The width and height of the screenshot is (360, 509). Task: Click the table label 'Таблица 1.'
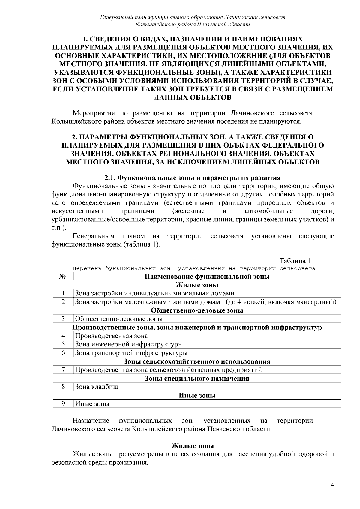[296, 260]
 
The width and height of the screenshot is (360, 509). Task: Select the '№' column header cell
[63, 276]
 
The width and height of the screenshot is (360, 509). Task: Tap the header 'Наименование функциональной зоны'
[207, 276]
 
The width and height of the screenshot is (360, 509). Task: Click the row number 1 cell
[63, 293]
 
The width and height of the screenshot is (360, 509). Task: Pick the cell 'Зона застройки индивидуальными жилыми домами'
[154, 293]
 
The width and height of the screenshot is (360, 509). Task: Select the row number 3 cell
[63, 319]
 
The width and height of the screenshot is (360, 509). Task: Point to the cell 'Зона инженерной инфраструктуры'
[129, 344]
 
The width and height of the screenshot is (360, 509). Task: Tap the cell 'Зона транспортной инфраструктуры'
[131, 353]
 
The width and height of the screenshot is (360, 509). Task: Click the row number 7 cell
[63, 370]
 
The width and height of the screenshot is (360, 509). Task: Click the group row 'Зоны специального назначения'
[197, 378]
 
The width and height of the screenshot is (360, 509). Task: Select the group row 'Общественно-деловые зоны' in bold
[197, 310]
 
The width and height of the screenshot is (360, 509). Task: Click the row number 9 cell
[63, 403]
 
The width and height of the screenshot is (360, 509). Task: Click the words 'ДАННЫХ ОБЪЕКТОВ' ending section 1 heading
[192, 97]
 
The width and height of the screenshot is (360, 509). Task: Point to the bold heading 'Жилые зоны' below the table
[192, 446]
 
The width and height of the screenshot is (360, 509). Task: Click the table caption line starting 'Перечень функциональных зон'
[194, 268]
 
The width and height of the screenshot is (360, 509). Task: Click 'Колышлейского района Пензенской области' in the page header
[192, 24]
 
